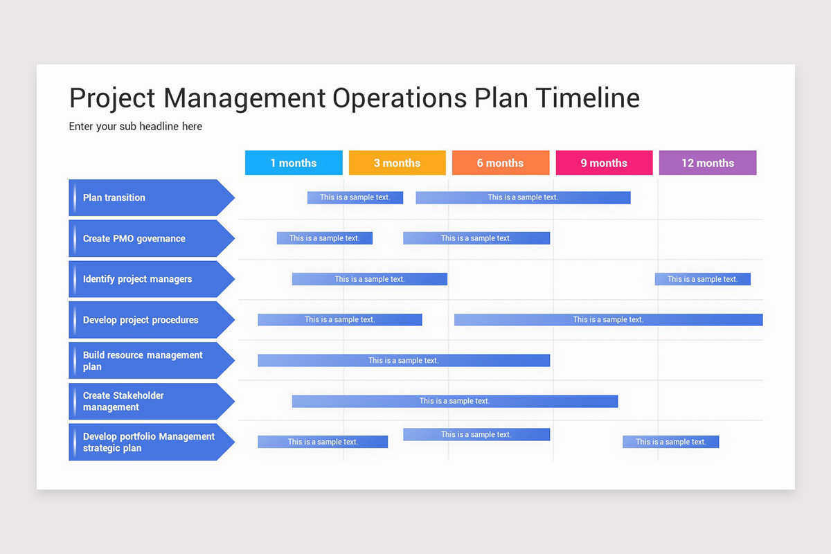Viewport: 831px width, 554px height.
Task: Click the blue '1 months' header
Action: [x=294, y=163]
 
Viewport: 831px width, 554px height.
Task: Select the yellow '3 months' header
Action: [x=397, y=163]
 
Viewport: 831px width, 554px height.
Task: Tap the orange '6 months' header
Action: [x=500, y=163]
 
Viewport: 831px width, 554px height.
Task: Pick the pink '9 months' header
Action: [x=604, y=163]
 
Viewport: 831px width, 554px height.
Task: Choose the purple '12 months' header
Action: [x=707, y=163]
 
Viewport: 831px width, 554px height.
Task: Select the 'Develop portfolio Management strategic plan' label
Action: [x=149, y=442]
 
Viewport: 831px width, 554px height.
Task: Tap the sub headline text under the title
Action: [x=136, y=127]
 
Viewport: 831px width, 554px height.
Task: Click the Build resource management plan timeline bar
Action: [x=404, y=360]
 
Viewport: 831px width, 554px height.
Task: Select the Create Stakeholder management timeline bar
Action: [x=454, y=401]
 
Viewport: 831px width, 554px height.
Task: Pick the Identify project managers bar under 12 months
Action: [x=702, y=279]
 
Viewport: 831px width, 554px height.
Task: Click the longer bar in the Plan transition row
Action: [x=523, y=197]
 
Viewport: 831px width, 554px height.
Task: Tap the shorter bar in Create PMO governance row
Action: [x=324, y=238]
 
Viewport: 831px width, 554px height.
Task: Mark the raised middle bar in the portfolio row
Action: [x=476, y=434]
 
